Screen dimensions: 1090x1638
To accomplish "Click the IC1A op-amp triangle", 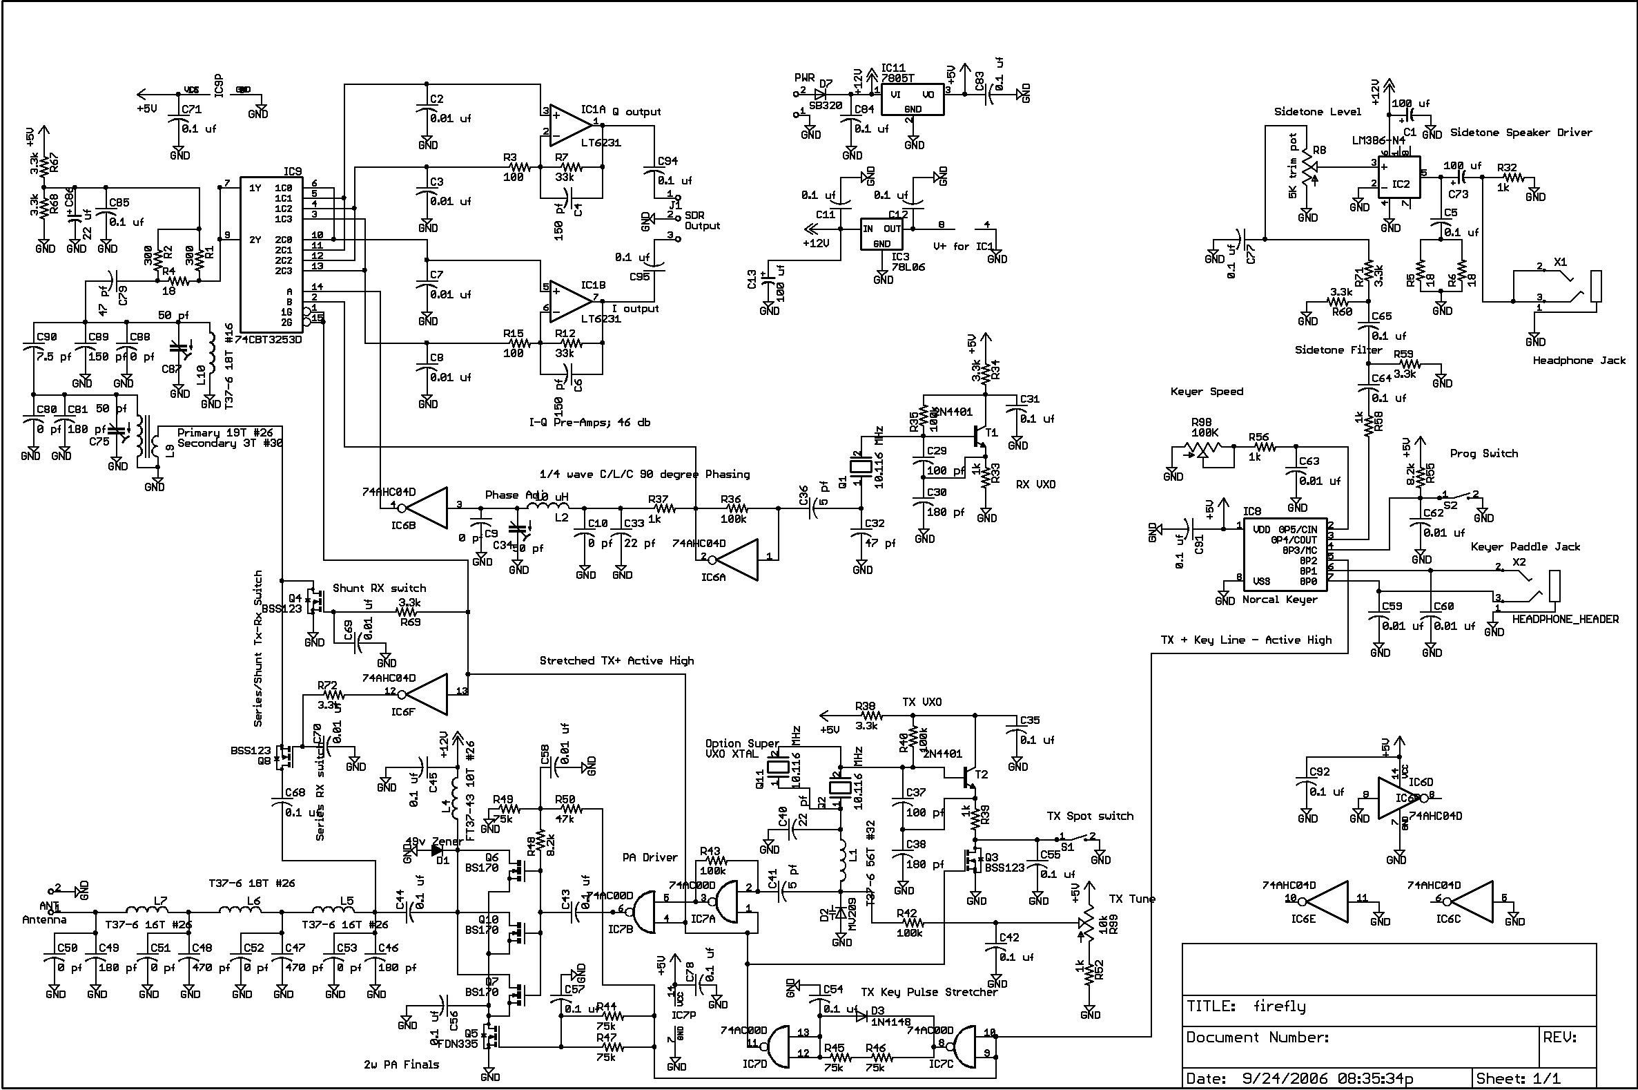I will click(568, 126).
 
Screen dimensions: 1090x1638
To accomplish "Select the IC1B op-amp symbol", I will click(568, 303).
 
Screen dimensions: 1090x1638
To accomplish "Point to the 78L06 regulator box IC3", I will click(881, 235).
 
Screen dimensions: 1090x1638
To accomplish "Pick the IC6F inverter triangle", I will click(427, 692).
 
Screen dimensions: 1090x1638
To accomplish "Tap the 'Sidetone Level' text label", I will click(1317, 112).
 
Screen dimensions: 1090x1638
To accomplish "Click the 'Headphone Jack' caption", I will click(1579, 361).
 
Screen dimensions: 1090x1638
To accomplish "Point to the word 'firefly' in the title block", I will click(1279, 1006).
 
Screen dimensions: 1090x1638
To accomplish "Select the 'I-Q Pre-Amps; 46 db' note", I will click(589, 422).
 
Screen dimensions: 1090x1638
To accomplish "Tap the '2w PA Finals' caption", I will click(402, 1064).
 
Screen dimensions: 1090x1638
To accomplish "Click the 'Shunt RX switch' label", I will click(379, 588).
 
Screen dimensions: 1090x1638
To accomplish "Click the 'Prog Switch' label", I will click(1484, 454).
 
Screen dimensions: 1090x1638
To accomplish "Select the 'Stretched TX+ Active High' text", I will click(616, 660).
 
